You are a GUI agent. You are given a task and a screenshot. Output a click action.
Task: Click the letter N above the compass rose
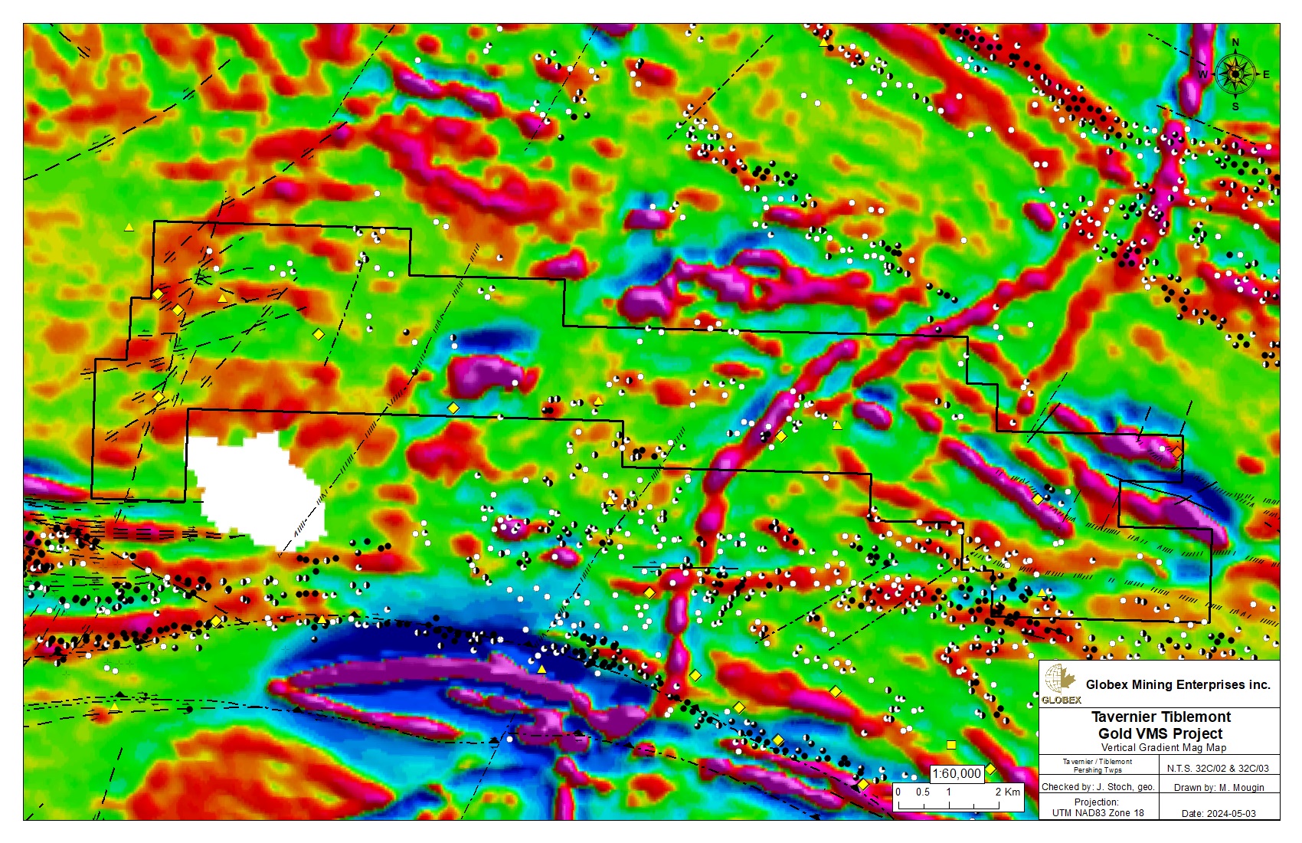coord(1235,43)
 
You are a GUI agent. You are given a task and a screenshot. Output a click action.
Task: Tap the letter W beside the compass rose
coord(1202,74)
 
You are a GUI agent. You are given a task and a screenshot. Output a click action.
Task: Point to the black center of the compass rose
coord(1235,74)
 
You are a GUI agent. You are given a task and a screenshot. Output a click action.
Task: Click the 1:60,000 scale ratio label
coord(957,773)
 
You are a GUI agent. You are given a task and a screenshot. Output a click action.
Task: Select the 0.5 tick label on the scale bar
coord(923,792)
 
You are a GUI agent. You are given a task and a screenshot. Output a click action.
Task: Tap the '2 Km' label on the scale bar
coord(1007,792)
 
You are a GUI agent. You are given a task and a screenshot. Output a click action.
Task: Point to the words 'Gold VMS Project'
coord(1160,733)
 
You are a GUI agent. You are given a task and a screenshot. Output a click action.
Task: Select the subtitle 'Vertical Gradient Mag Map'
coord(1163,748)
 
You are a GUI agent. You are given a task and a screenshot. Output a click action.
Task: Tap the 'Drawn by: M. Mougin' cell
coord(1219,787)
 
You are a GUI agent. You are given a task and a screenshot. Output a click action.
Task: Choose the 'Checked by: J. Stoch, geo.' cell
coord(1098,787)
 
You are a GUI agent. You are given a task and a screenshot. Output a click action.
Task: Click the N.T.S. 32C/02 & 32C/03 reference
coord(1218,768)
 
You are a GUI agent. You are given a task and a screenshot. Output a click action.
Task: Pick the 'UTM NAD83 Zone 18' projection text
coord(1098,812)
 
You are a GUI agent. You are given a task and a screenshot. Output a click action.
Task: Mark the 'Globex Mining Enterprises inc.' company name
coord(1177,684)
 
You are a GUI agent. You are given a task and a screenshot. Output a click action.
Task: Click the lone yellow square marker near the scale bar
coord(951,745)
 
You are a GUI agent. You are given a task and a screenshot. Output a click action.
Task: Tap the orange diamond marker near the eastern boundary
coord(1176,452)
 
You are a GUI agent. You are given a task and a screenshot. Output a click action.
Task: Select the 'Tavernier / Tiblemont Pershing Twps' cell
coord(1097,766)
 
